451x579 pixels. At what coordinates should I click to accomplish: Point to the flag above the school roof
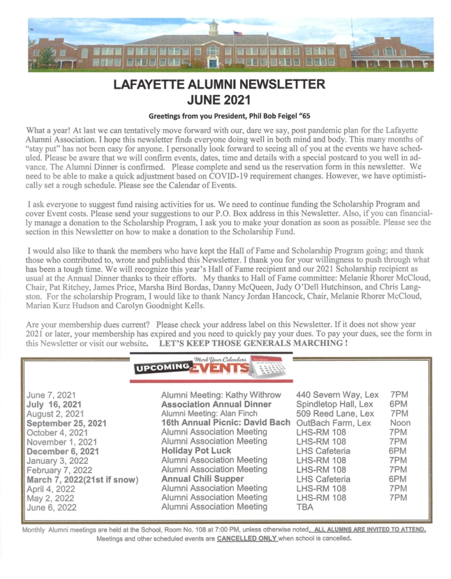238,32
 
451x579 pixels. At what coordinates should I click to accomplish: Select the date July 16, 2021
54,404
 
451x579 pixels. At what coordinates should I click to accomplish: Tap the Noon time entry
400,422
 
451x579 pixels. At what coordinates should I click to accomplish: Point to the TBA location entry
306,506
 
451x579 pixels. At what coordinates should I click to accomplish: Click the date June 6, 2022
52,506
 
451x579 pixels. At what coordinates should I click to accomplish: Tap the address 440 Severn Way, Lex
338,395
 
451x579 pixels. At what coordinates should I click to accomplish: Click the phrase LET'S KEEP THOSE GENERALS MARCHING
253,343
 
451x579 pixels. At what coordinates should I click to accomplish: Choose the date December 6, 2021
63,450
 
